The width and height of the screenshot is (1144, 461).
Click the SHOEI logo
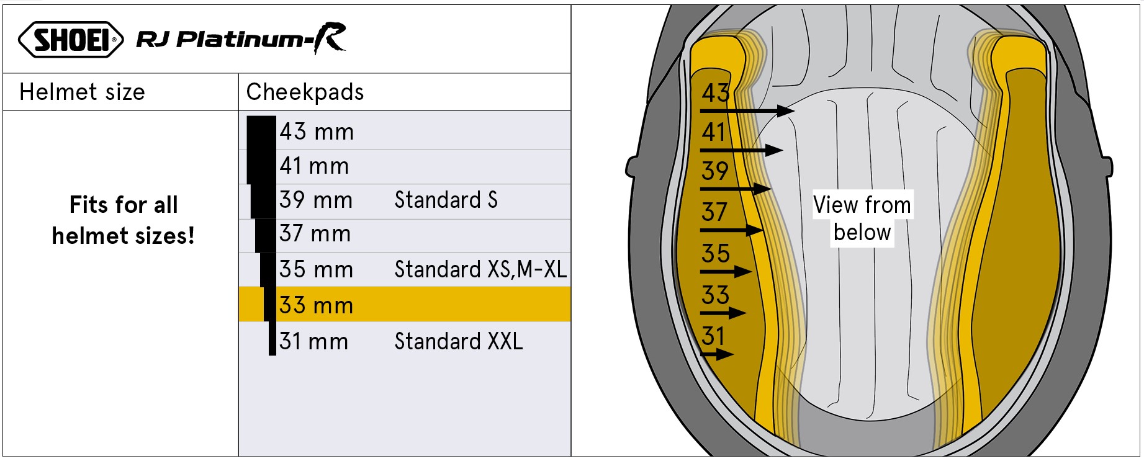(x=71, y=40)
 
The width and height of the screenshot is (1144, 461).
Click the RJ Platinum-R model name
(x=241, y=38)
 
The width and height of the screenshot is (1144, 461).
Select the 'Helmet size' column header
(x=82, y=92)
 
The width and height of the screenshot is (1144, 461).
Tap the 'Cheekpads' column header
(x=305, y=92)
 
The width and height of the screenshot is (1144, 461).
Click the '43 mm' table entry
(x=317, y=132)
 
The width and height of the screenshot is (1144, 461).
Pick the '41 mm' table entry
(x=314, y=166)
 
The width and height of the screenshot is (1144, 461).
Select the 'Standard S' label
(x=446, y=200)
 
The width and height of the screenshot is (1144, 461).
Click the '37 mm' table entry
(x=315, y=233)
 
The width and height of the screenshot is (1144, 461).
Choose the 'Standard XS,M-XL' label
(x=480, y=269)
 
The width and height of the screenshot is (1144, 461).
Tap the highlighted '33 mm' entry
(x=316, y=305)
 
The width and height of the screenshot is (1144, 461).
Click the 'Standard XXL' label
(x=458, y=341)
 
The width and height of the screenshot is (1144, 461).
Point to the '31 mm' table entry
(x=313, y=341)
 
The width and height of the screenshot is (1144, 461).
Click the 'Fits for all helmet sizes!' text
(x=123, y=220)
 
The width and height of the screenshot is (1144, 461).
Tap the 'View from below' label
(x=862, y=218)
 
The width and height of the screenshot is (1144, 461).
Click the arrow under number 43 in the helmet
(x=747, y=111)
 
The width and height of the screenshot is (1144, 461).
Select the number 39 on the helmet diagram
(x=714, y=171)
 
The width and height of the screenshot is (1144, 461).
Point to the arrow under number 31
(x=717, y=354)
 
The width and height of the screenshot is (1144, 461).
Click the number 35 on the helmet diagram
(x=715, y=253)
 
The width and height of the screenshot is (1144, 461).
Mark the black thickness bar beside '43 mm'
(x=261, y=133)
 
